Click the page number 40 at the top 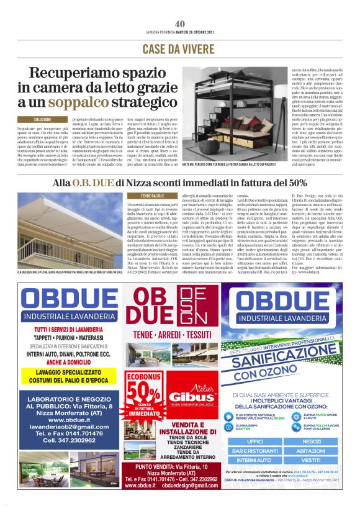[180, 24]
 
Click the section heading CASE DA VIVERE [180, 48]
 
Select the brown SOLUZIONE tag [43, 119]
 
